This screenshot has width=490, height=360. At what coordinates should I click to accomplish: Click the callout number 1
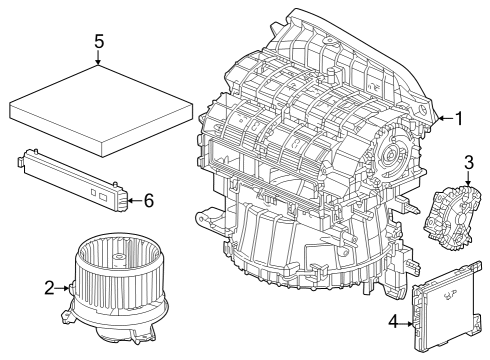tap(459, 118)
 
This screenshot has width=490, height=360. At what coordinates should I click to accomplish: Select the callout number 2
tap(49, 288)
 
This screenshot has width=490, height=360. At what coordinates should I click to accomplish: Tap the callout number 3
tap(469, 163)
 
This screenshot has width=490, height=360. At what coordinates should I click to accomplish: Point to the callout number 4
tap(394, 322)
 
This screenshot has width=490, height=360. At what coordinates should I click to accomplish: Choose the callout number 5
tap(99, 42)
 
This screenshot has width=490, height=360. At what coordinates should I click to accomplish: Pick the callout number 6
tap(149, 201)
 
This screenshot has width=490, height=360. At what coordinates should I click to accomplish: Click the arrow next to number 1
tap(445, 118)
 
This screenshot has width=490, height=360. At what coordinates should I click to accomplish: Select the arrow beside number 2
tap(62, 288)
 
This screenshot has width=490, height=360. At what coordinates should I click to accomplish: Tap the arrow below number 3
tap(468, 178)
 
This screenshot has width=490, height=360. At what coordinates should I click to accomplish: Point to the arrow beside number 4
tap(406, 323)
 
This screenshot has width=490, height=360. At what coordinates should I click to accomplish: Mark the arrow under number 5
tap(98, 58)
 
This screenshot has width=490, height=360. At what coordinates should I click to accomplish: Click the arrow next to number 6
tap(135, 200)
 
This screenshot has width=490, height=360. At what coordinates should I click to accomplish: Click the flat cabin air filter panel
tap(101, 111)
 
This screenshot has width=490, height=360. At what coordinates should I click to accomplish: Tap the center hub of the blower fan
tap(117, 258)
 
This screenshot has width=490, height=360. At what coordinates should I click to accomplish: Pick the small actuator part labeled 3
tap(453, 217)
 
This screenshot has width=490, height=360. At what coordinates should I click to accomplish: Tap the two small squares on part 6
tap(99, 194)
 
